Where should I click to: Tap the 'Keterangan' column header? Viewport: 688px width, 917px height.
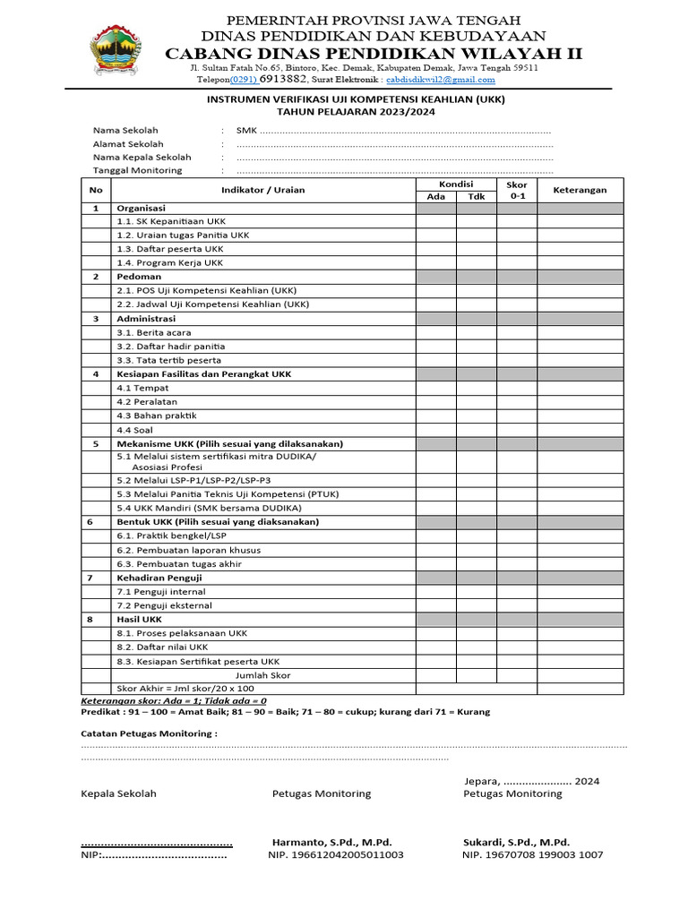coord(580,190)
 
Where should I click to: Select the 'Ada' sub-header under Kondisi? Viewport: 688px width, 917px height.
coord(435,196)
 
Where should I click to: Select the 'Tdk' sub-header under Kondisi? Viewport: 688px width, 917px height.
coord(477,196)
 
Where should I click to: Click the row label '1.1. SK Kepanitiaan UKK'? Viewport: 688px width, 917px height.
coord(171,221)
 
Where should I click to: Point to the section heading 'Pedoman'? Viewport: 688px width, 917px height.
coord(139,277)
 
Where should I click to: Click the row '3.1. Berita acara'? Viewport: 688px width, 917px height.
coord(153,332)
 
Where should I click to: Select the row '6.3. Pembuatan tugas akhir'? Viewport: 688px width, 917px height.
coord(179,564)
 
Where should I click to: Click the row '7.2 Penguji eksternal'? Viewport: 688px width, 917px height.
coord(164,605)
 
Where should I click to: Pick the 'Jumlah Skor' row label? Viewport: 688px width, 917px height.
coord(262,675)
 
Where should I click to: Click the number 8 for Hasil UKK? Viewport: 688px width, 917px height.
coord(96,619)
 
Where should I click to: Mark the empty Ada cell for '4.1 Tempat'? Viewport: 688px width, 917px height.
coord(435,388)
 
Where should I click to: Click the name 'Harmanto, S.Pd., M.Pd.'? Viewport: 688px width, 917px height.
coord(331,842)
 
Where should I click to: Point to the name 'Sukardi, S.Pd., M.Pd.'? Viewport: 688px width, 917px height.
coord(516,842)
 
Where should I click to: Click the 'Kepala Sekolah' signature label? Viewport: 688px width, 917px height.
coord(118,793)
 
